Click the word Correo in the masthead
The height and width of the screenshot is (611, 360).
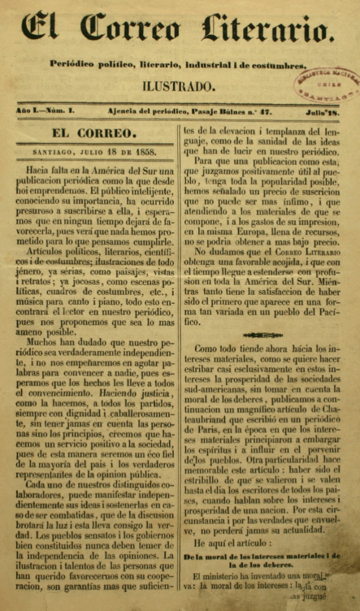(x=130, y=29)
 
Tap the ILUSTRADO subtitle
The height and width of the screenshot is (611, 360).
(x=179, y=87)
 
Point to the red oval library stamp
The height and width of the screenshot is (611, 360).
(x=328, y=83)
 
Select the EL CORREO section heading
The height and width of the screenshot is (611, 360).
(x=94, y=133)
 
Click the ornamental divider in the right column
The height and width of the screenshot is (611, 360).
(x=259, y=335)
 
